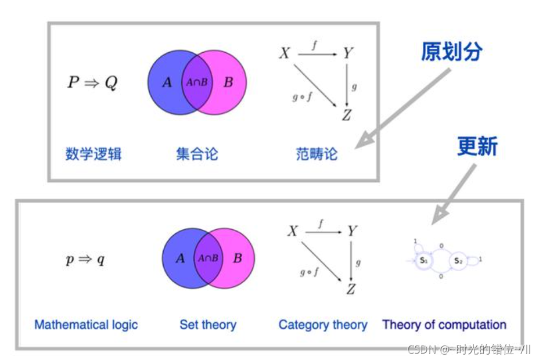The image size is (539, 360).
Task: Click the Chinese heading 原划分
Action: click(x=452, y=52)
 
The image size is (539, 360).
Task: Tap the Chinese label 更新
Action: click(x=477, y=146)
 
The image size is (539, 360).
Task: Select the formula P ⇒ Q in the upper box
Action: click(x=92, y=82)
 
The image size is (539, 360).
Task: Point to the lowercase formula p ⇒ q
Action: click(x=85, y=260)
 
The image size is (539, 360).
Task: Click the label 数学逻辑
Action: click(x=94, y=154)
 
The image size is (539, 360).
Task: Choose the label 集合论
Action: click(x=197, y=154)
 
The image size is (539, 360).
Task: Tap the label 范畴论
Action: click(x=317, y=154)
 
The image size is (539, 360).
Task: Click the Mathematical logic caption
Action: click(x=86, y=325)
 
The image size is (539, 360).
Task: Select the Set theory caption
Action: click(x=208, y=325)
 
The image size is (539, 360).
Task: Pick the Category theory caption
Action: click(x=323, y=325)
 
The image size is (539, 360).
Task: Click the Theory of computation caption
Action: click(x=444, y=325)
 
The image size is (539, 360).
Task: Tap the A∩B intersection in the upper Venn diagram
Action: click(x=197, y=82)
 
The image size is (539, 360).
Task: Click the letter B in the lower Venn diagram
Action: click(x=237, y=258)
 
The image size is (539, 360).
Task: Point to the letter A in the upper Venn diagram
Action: click(x=167, y=82)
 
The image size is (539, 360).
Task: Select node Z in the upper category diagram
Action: click(x=346, y=116)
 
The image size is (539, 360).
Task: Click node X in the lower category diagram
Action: click(x=293, y=232)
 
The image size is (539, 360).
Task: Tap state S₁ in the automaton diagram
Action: click(x=423, y=261)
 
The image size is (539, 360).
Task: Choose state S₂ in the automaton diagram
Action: click(x=458, y=261)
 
